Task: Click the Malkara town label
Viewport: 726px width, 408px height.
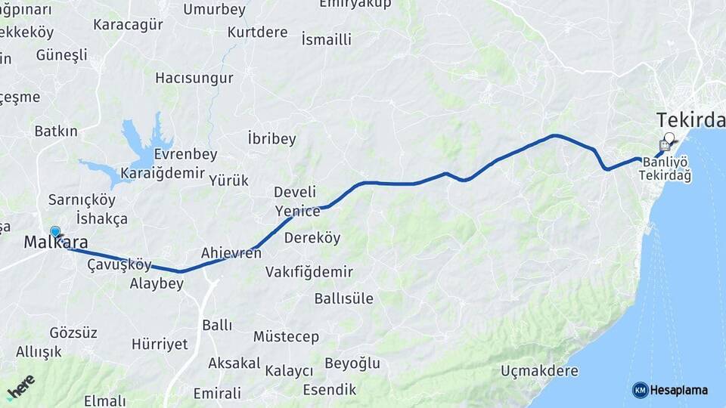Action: [56, 243]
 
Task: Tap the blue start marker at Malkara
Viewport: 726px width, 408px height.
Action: [55, 231]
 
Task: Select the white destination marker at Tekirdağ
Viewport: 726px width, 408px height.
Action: [669, 138]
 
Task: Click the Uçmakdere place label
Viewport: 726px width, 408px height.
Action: [539, 371]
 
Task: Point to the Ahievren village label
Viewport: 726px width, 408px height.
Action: [231, 253]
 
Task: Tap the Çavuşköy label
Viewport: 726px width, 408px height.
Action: [119, 264]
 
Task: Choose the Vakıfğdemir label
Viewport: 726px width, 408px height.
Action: [309, 272]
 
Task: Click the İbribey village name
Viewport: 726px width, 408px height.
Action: [271, 139]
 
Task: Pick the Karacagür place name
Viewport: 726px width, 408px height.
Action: [128, 24]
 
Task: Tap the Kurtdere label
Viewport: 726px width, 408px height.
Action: [257, 32]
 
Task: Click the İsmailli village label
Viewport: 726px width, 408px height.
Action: [326, 39]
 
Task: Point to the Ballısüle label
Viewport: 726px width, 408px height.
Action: [343, 298]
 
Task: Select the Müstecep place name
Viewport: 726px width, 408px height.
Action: [286, 336]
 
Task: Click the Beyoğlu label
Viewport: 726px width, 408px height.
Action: [352, 363]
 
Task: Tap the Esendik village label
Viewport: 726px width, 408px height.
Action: [329, 389]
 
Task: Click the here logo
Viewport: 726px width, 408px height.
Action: [20, 387]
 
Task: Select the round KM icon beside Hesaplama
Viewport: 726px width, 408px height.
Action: [640, 390]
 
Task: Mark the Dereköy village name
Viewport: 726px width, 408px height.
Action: [312, 238]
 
